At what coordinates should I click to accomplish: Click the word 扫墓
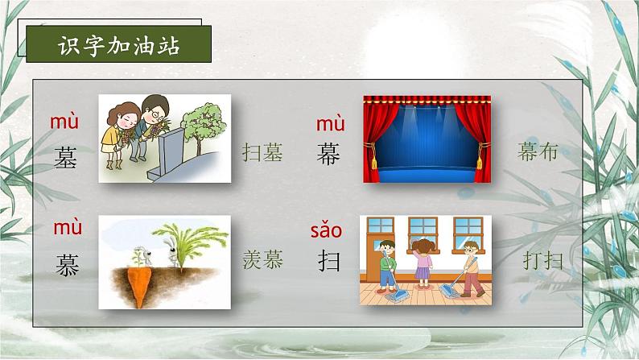click(262, 153)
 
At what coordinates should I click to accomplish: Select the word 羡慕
click(262, 260)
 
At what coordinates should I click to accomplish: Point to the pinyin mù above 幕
click(330, 124)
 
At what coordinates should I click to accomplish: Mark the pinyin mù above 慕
click(68, 229)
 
